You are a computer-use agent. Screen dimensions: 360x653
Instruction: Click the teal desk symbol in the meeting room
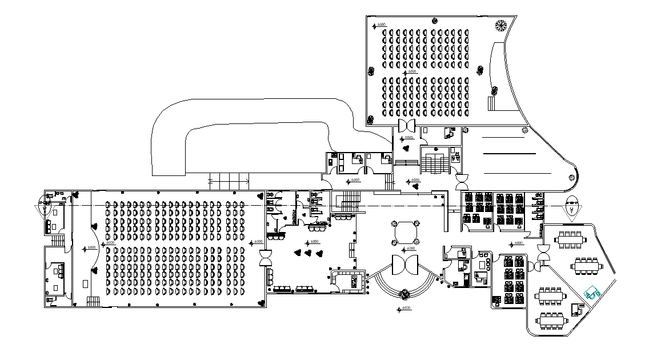point(591,294)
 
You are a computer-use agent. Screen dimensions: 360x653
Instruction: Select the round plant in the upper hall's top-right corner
point(501,25)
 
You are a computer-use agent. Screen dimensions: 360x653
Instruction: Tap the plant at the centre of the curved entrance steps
point(405,294)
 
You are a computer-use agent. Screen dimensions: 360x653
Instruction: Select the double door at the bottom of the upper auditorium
point(408,126)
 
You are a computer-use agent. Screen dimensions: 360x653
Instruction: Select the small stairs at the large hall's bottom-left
point(92,301)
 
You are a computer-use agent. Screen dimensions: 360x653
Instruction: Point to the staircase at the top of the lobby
point(348,201)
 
